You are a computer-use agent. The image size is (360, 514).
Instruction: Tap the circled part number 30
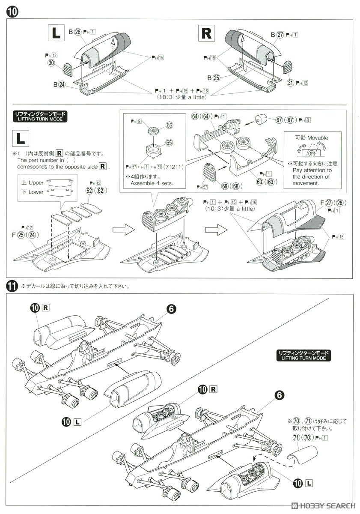click(52, 63)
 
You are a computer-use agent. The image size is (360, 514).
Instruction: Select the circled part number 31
click(291, 82)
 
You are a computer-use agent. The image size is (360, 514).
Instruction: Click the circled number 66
click(169, 125)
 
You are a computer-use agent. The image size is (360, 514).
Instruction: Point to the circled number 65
click(169, 142)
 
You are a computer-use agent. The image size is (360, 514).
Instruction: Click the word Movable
click(317, 137)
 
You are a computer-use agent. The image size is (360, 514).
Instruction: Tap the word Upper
click(36, 182)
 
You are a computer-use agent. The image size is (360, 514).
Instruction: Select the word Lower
click(36, 192)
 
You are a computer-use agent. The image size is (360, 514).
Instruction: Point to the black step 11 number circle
click(12, 286)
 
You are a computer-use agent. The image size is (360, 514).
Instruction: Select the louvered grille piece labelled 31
click(288, 66)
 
